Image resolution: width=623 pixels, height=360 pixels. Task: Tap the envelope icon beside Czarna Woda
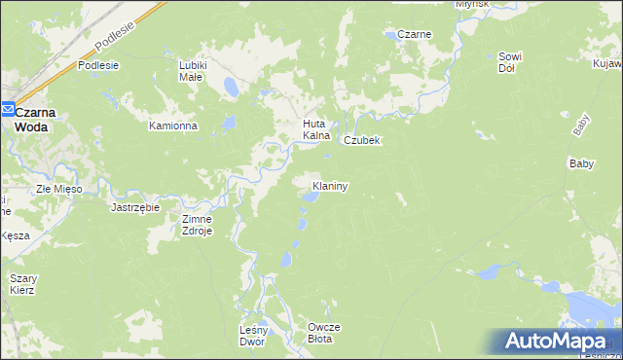click(x=7, y=111)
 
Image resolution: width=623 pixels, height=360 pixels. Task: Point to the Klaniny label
click(x=330, y=185)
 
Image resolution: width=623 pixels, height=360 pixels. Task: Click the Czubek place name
click(x=361, y=140)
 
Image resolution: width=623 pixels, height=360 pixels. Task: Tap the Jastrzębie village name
click(x=135, y=207)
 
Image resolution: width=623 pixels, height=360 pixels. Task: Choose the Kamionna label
click(x=173, y=126)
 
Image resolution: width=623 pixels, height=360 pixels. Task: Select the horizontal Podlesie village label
click(x=98, y=65)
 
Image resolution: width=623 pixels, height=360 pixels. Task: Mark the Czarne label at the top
click(x=414, y=35)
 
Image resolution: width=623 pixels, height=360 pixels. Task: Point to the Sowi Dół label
click(x=512, y=62)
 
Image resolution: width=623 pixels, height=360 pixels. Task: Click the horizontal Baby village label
click(x=581, y=163)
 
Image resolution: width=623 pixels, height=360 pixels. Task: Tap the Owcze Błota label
click(x=320, y=333)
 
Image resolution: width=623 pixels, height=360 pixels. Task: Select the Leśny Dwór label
click(x=252, y=336)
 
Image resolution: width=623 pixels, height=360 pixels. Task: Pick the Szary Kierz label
click(x=22, y=284)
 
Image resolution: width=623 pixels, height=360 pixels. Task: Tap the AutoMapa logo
click(x=557, y=341)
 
